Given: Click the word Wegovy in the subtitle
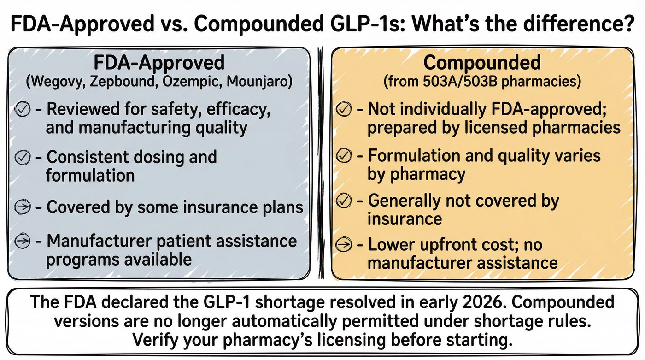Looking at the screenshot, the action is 57,82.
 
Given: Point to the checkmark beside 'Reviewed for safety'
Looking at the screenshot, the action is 23,109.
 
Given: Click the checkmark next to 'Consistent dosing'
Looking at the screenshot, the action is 23,157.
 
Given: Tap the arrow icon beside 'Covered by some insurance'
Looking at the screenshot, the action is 23,207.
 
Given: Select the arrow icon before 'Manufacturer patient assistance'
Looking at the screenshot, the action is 23,241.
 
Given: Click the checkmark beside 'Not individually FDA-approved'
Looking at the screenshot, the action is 344,109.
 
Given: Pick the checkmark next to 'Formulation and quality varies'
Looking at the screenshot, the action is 344,155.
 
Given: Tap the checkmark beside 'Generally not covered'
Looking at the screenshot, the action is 344,201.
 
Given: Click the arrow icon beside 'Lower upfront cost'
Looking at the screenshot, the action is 344,245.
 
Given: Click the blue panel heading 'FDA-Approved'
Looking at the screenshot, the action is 159,63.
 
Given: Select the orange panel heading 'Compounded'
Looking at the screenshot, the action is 482,63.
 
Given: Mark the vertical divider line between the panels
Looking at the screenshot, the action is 321,163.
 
